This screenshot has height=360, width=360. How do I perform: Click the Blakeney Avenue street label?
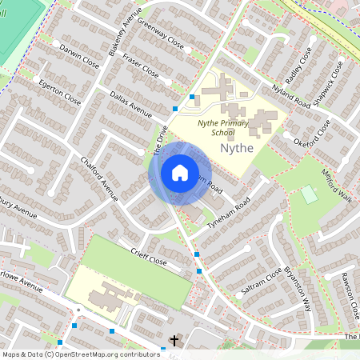pos(128,28)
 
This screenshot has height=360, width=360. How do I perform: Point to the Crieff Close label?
pos(148,257)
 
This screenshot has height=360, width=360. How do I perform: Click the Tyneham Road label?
pos(229,214)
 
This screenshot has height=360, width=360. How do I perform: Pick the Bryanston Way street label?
pos(297,288)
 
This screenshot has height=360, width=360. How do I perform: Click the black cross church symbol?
pos(174,341)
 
